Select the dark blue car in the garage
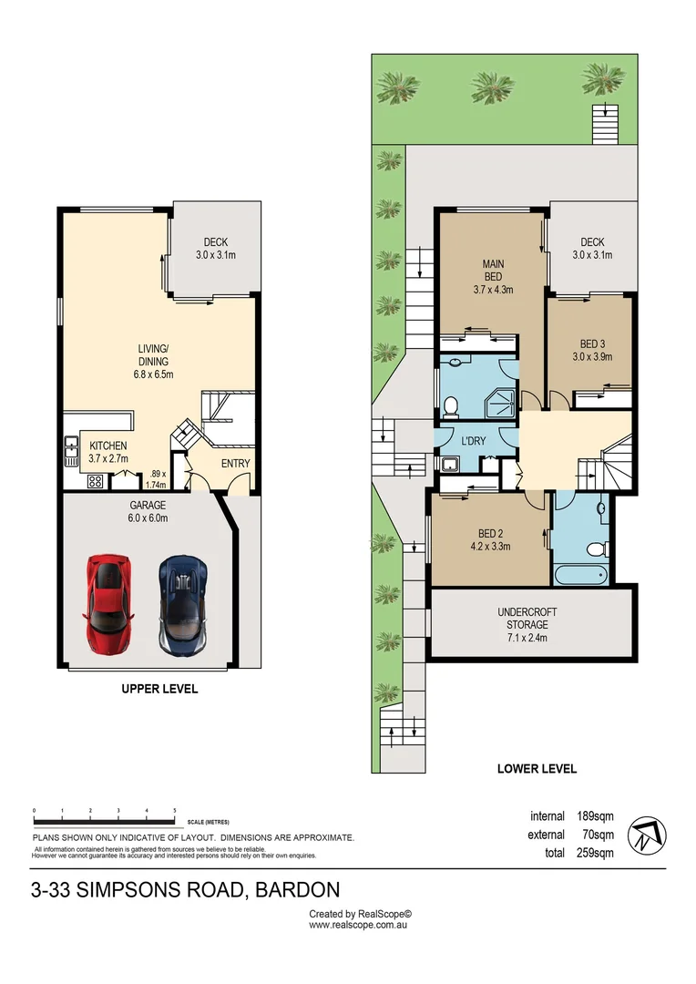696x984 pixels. (x=183, y=603)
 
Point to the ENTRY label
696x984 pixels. (x=235, y=464)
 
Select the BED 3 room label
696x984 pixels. (x=592, y=343)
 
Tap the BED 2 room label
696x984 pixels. (x=489, y=535)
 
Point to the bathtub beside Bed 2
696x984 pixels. (x=582, y=574)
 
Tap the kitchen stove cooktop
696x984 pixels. (x=94, y=483)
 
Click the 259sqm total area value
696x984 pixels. (x=596, y=853)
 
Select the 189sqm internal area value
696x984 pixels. (x=596, y=816)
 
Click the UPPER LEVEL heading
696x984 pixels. (x=159, y=689)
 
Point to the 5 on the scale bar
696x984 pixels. (x=174, y=809)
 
